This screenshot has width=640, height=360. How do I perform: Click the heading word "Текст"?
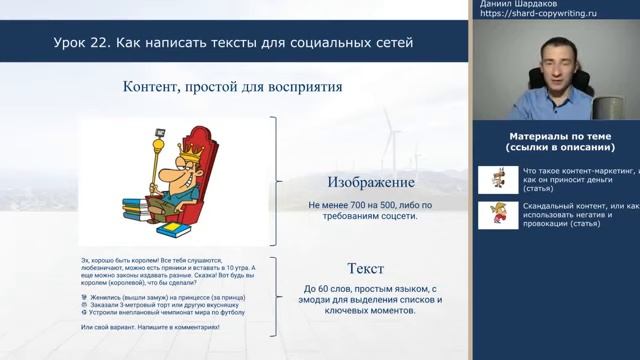click(x=364, y=268)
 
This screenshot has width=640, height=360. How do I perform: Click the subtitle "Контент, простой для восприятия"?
click(x=232, y=87)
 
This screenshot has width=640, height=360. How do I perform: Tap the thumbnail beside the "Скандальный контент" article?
click(x=497, y=215)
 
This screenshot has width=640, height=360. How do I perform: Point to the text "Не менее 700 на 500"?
click(x=340, y=206)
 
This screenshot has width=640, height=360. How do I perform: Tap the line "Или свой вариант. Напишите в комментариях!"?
click(x=149, y=328)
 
